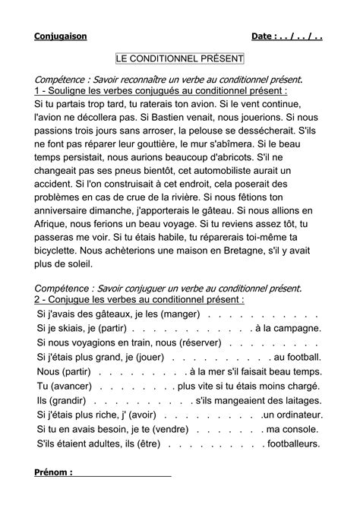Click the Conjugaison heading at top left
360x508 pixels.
61,36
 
